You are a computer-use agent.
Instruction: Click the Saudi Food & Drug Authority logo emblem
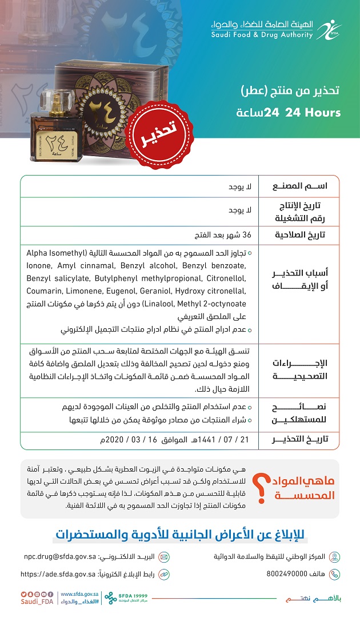[327, 28]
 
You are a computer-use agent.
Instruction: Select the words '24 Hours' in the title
[309, 113]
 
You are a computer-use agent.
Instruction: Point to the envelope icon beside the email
[164, 556]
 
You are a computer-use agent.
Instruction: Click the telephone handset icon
[335, 574]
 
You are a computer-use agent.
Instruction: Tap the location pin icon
[335, 556]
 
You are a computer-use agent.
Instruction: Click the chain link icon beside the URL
[164, 574]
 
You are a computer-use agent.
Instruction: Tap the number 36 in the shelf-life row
[247, 234]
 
